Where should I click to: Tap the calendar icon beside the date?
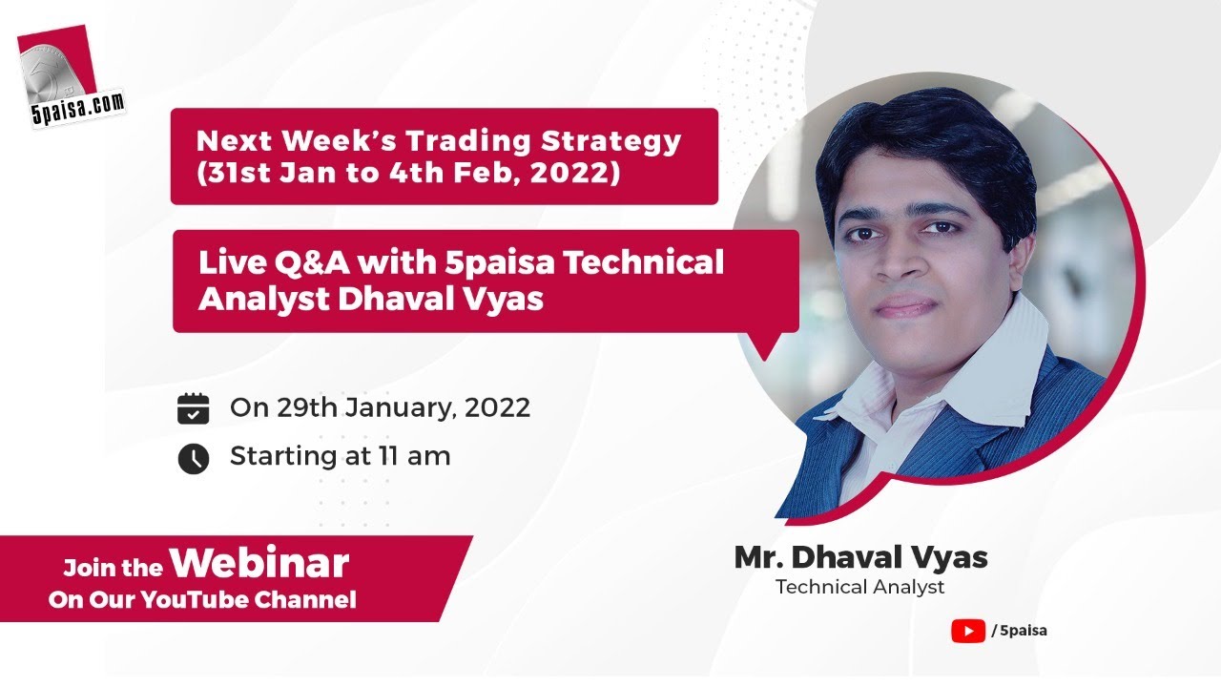pos(194,408)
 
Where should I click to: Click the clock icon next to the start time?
pos(194,458)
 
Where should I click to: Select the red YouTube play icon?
pos(967,631)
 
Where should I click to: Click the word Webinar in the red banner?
pos(259,564)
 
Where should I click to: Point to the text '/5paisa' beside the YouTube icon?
pos(1020,631)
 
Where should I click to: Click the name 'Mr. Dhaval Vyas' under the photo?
pos(860,557)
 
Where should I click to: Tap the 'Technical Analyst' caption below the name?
pos(860,587)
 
